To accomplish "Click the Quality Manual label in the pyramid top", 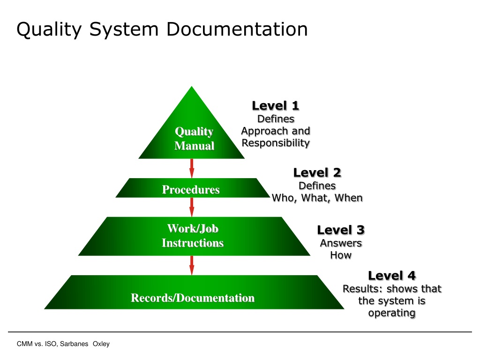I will pos(194,139).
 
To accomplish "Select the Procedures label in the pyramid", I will pos(191,190).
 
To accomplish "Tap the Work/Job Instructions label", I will pos(193,236).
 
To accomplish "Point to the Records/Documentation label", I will pos(193,298).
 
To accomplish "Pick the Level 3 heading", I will pos(341,230).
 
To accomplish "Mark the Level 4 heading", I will pos(392,275).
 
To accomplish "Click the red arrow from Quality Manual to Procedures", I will pos(192,168).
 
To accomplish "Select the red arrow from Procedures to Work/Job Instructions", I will pos(192,206).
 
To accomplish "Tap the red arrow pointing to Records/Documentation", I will pos(192,265).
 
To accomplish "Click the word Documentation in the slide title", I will pos(237,30).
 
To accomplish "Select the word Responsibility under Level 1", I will pos(276,142).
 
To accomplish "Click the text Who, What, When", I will pos(317,198).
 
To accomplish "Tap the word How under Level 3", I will pos(341,255).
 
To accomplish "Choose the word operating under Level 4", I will pos(392,313).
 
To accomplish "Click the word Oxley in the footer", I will pos(101,344).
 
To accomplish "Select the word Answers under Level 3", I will pos(341,243).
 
